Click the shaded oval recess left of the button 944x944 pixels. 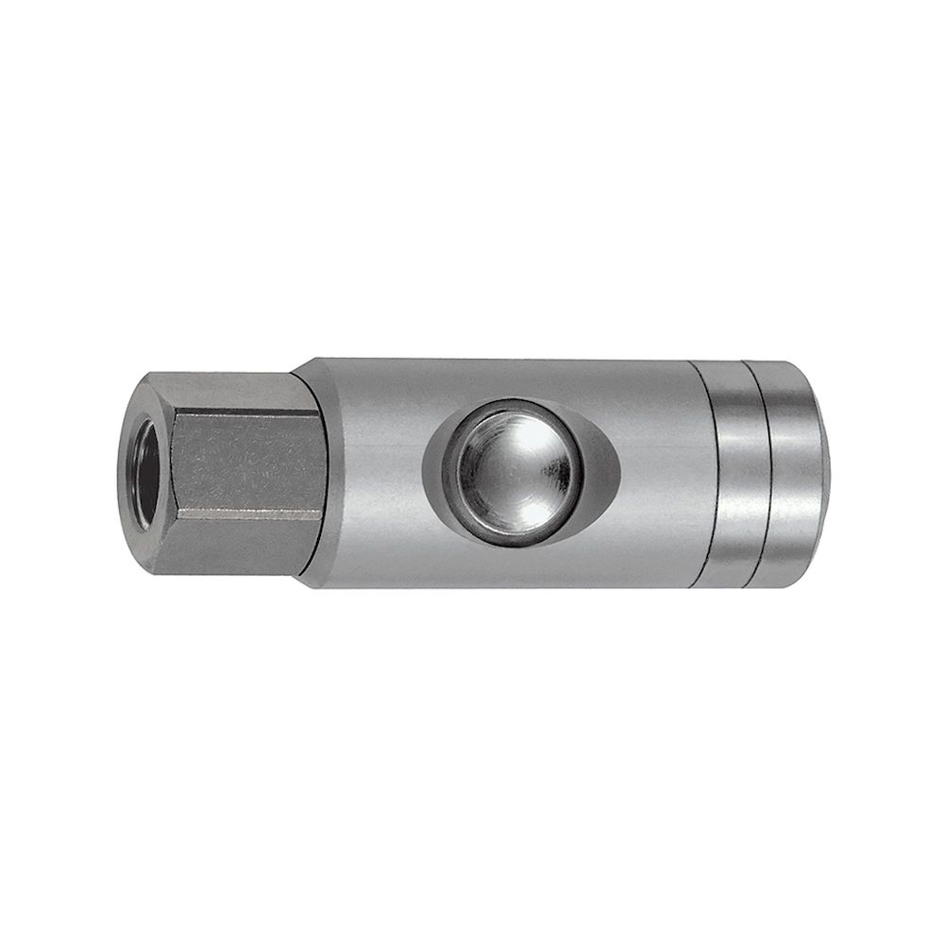437,472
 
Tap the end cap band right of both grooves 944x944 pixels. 795,472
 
